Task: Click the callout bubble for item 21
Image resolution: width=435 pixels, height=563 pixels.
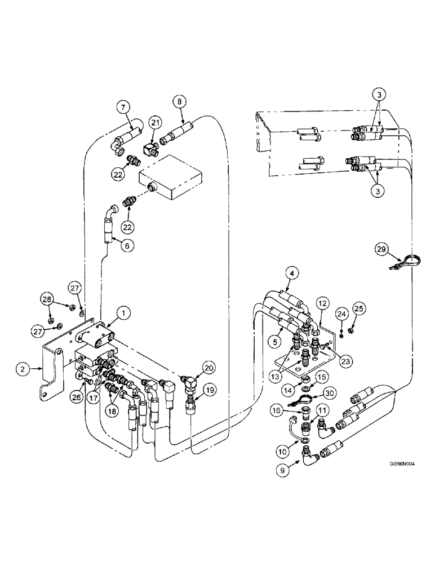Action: pos(155,122)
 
